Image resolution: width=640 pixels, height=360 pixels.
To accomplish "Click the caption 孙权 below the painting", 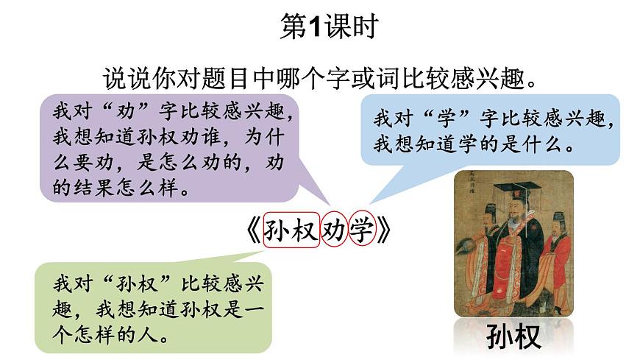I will click(x=513, y=336).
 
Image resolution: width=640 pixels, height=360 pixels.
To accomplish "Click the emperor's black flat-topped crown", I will click(x=516, y=187).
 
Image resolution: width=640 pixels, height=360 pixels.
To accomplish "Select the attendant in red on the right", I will click(x=555, y=258).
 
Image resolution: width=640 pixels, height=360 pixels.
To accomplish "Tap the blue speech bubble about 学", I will click(x=489, y=129).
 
